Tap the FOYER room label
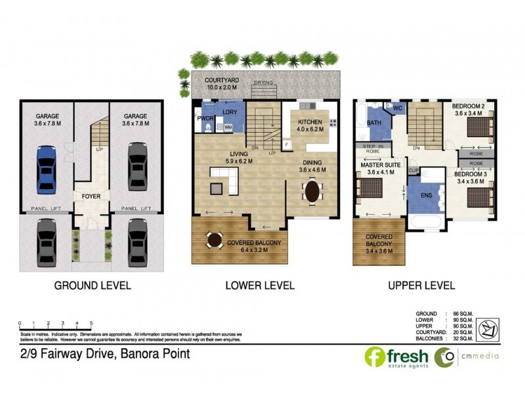pyautogui.click(x=91, y=196)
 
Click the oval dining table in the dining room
pyautogui.click(x=311, y=192)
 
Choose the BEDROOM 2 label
pyautogui.click(x=469, y=109)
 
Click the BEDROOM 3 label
pyautogui.click(x=471, y=177)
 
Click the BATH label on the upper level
pyautogui.click(x=374, y=123)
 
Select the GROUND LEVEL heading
pyautogui.click(x=92, y=286)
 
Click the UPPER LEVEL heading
pyautogui.click(x=421, y=286)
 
